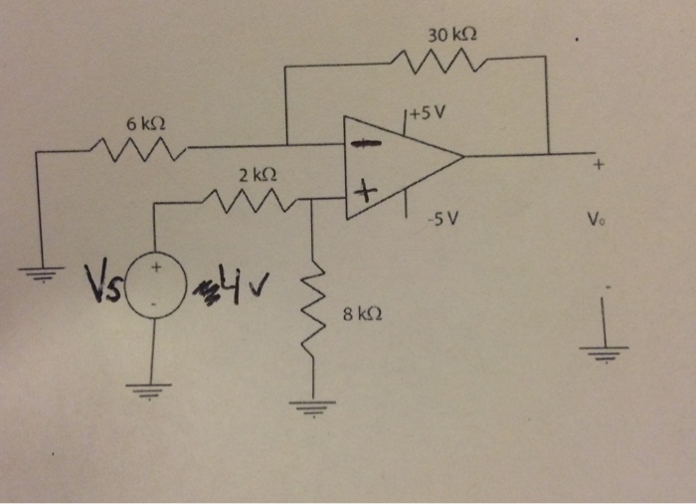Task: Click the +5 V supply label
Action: (x=429, y=112)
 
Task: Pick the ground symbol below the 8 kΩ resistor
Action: (x=314, y=405)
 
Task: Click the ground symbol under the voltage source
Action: (x=153, y=390)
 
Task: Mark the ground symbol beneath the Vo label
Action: (x=605, y=350)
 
